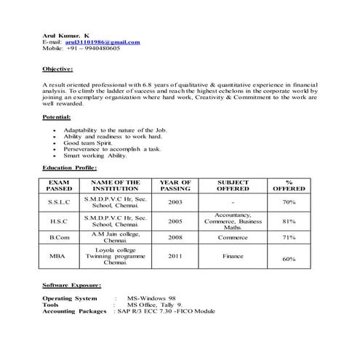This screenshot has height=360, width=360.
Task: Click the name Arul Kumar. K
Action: (x=66, y=35)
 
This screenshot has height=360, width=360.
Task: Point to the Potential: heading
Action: (x=57, y=117)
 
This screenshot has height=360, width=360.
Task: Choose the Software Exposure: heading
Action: (x=72, y=286)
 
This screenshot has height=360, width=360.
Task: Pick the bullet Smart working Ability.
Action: (x=95, y=156)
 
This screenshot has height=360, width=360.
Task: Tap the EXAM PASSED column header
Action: (x=60, y=185)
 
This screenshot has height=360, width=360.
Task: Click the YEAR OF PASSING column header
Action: (x=175, y=185)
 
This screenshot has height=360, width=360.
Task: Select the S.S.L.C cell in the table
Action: (x=60, y=201)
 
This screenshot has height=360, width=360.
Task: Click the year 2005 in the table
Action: (x=175, y=220)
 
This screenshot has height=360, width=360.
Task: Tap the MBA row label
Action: (x=58, y=257)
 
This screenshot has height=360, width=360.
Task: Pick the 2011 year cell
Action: (x=175, y=257)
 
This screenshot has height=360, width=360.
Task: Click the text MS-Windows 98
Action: (x=151, y=298)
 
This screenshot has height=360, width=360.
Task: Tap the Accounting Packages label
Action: (x=76, y=311)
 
